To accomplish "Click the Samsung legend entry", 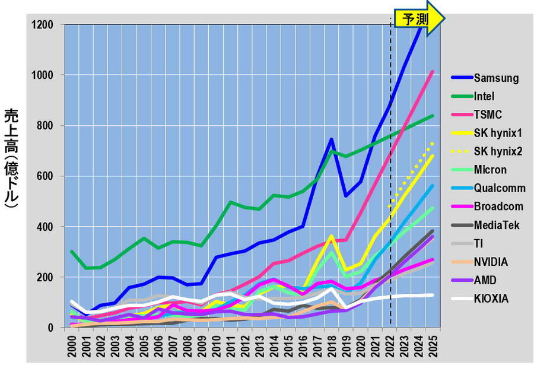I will pos(497,78).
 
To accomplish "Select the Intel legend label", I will pos(484,96).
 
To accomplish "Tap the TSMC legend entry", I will pos(488,115).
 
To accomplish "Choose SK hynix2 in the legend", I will pos(498,151).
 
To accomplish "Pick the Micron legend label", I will pos(490,170).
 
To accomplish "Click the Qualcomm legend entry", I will pos(500,188).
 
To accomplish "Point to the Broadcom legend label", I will pos(499,207).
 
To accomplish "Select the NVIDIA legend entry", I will pos(491,262).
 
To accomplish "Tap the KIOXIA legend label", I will pos(491,299).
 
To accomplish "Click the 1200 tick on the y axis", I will pos(43,25).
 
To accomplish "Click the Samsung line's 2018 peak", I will pos(330,139).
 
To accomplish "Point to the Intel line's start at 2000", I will pos(72,252).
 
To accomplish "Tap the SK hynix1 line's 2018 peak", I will pos(330,236).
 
